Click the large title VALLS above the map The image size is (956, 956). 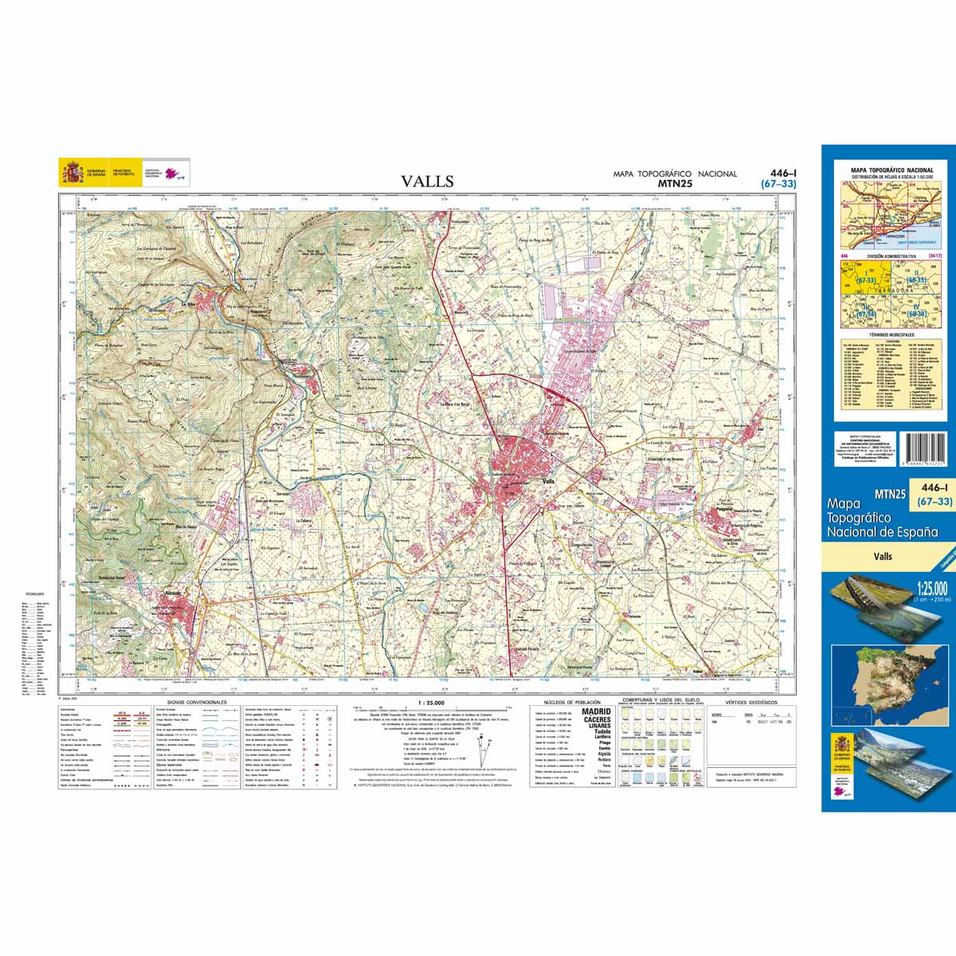tap(428, 182)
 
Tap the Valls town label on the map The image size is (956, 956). tap(547, 483)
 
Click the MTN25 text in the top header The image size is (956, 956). tap(674, 184)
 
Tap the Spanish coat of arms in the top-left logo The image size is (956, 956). tap(72, 172)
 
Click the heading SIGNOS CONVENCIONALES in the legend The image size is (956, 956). tap(198, 702)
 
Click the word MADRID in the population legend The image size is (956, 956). tap(596, 711)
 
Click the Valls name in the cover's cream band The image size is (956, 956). tap(882, 557)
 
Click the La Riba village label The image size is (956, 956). tap(190, 304)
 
